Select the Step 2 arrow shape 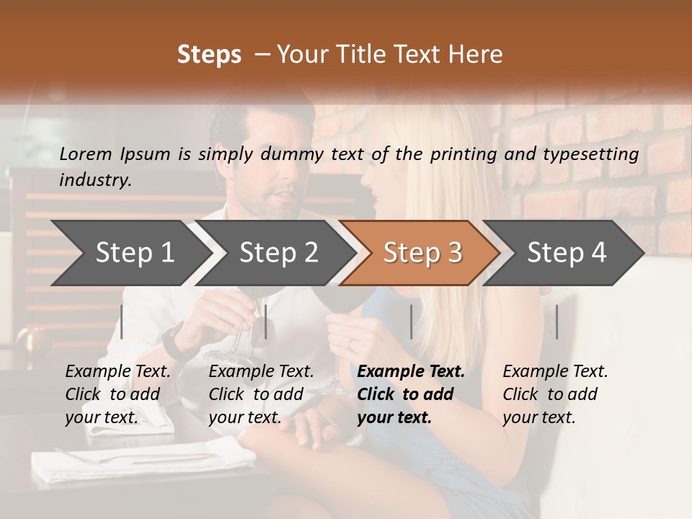pos(278,252)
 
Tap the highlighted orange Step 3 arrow pos(422,252)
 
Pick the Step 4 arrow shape pos(566,252)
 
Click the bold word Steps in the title pos(209,55)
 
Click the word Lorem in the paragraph pos(86,154)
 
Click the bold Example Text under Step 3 pos(411,372)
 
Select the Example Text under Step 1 pos(117,372)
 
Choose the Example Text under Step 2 pos(261,372)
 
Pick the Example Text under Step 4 pos(555,372)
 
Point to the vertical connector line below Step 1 pos(122,321)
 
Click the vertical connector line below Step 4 pos(556,321)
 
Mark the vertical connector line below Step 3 pos(411,321)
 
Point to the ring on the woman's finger pos(350,344)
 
